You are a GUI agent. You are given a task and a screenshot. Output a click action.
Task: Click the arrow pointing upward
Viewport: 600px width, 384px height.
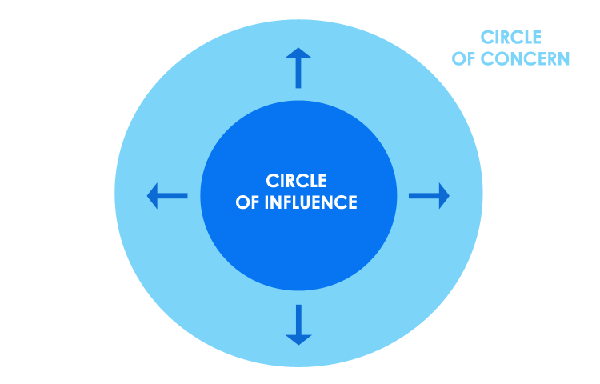click(x=298, y=67)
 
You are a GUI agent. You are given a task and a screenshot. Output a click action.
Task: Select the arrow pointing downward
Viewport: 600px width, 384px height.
click(x=298, y=324)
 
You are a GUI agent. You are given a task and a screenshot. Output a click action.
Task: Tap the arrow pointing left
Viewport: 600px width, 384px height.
click(x=167, y=195)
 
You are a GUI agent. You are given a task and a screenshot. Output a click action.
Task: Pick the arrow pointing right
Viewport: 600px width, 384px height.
click(x=429, y=195)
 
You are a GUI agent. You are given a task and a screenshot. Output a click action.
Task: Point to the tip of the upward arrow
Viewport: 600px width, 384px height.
click(x=298, y=49)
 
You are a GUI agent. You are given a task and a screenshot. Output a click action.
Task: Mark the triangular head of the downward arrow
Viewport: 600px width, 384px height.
click(x=298, y=337)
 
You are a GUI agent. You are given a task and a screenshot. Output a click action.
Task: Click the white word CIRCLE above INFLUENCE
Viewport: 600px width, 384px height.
click(x=296, y=182)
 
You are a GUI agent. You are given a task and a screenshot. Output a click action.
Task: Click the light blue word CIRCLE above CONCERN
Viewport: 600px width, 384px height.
click(x=510, y=37)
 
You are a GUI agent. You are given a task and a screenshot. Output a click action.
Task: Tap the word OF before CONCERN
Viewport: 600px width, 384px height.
click(x=463, y=58)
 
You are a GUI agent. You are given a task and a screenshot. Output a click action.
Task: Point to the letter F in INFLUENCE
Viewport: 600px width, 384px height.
click(x=284, y=202)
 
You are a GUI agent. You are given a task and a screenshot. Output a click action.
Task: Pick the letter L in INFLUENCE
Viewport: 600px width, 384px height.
click(x=294, y=202)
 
